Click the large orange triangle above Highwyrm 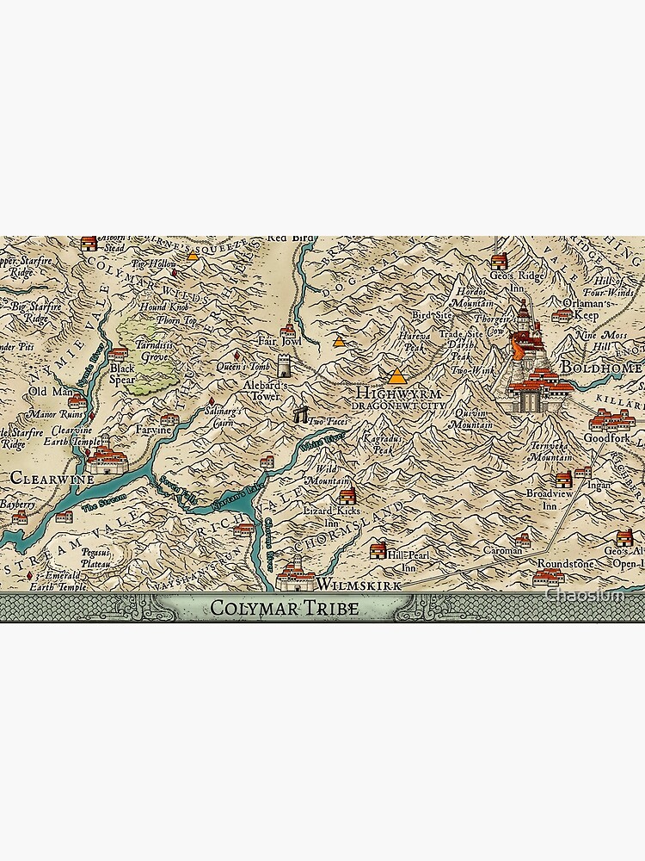pyautogui.click(x=396, y=376)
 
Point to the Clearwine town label pyautogui.click(x=40, y=475)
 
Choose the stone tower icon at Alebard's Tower pyautogui.click(x=283, y=365)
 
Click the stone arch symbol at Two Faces pyautogui.click(x=300, y=414)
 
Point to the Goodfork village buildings pyautogui.click(x=612, y=420)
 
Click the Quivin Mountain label pyautogui.click(x=472, y=419)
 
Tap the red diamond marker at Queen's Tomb pyautogui.click(x=236, y=356)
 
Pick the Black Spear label pyautogui.click(x=122, y=374)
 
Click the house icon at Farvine pyautogui.click(x=169, y=418)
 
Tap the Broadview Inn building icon pyautogui.click(x=563, y=479)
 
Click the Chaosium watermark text pyautogui.click(x=593, y=594)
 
